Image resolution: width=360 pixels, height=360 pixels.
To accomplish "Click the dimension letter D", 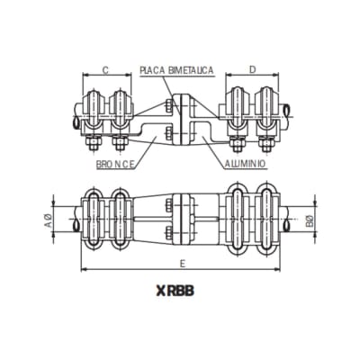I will tap(251, 68).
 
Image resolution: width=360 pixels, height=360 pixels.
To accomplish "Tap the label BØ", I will tap(309, 219).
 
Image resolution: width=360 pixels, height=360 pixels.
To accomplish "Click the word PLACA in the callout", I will tap(155, 68).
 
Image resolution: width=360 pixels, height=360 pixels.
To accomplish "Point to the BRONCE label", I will tap(115, 165).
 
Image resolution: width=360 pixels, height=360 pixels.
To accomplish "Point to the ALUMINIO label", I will tap(247, 165).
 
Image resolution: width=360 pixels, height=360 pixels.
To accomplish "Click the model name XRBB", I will tap(181, 292).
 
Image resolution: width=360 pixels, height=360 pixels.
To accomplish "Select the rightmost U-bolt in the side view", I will tap(266, 108).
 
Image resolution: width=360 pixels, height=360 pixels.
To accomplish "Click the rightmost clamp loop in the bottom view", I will tap(266, 219).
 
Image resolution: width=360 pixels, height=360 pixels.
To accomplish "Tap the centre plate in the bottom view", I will tap(181, 219).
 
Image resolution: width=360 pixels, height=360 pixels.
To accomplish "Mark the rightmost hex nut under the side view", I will tap(266, 144).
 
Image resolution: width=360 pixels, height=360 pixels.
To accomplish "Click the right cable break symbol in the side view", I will tap(287, 111).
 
